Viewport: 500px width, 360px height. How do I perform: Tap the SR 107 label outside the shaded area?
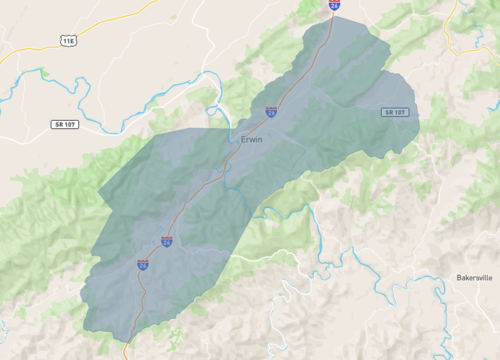(x=64, y=124)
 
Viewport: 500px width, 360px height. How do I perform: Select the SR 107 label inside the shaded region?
(x=395, y=112)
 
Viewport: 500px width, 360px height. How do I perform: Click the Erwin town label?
(x=251, y=139)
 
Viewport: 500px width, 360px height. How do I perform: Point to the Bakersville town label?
(x=475, y=277)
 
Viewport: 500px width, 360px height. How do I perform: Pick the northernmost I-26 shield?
(x=334, y=5)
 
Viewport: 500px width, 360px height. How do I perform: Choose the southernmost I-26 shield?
(x=143, y=264)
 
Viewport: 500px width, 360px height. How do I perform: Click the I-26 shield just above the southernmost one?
(x=166, y=240)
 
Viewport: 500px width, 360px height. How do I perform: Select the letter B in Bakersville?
(x=459, y=277)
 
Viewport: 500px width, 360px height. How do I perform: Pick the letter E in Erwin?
(x=243, y=139)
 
